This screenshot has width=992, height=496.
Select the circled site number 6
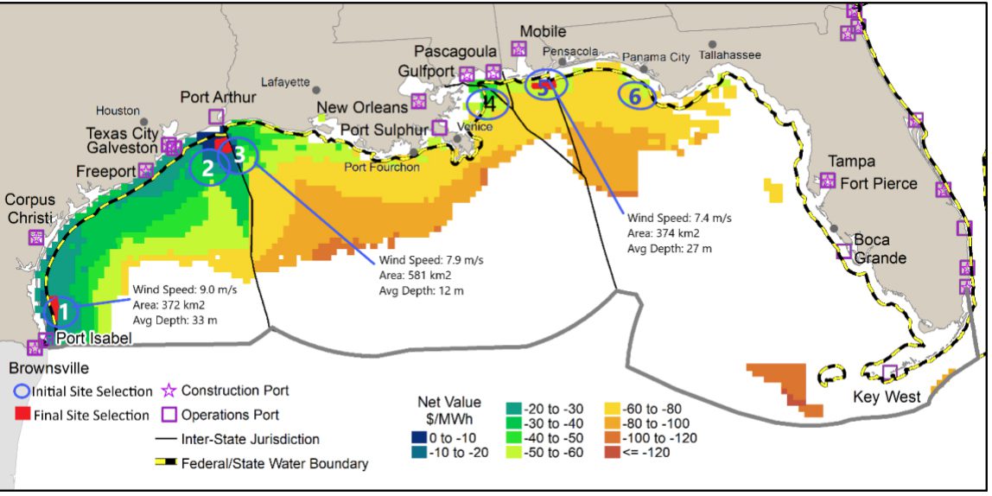coord(635,97)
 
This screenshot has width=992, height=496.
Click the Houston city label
coord(118,111)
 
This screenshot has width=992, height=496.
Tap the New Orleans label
coord(367,107)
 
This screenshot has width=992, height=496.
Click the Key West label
coord(887,397)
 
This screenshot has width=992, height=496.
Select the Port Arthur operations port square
coord(216,117)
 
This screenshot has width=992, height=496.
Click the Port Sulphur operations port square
coord(440,128)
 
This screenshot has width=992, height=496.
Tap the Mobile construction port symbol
coord(518,48)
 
